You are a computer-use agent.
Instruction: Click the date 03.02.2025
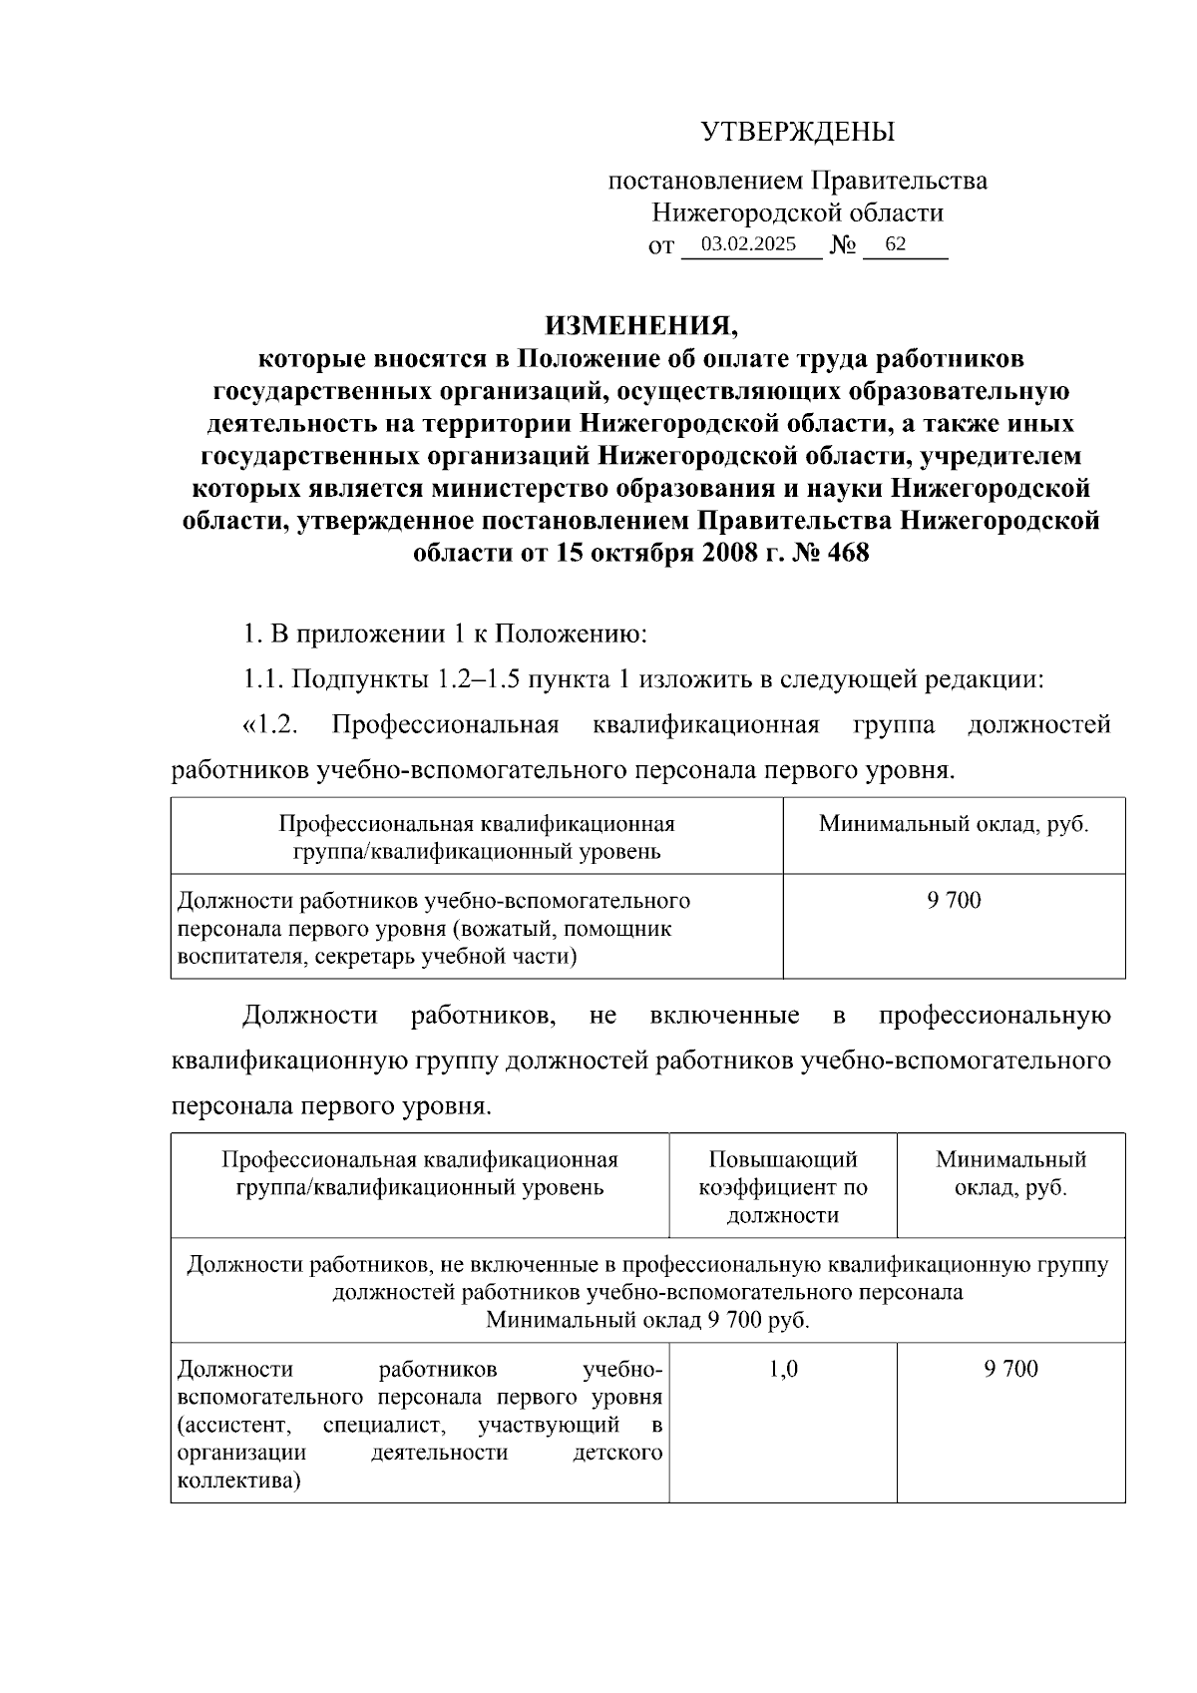(x=748, y=244)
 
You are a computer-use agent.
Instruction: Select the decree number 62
(x=895, y=244)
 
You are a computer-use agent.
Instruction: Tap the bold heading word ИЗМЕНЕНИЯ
(x=640, y=326)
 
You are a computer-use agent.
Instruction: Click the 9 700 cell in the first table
(x=954, y=901)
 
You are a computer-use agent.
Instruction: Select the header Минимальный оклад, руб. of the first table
(x=954, y=825)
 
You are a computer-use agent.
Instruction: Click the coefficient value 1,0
(x=783, y=1369)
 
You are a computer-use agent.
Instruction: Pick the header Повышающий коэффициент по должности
(x=783, y=1187)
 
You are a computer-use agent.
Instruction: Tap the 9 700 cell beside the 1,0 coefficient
(x=1010, y=1369)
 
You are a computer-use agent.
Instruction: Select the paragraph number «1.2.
(x=270, y=725)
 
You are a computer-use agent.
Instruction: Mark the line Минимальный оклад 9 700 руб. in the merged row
(x=647, y=1320)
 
